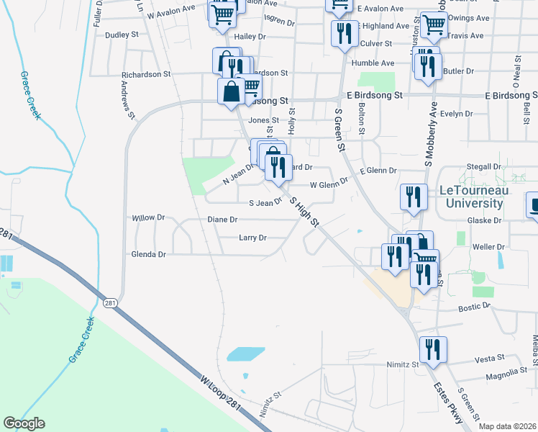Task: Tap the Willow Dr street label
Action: pyautogui.click(x=149, y=217)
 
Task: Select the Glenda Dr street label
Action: pyautogui.click(x=148, y=254)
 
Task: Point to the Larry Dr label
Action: pyautogui.click(x=252, y=238)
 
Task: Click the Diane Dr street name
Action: pyautogui.click(x=222, y=219)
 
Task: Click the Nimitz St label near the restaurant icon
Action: pyautogui.click(x=402, y=365)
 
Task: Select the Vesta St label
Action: pyautogui.click(x=490, y=359)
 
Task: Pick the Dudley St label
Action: pyautogui.click(x=121, y=35)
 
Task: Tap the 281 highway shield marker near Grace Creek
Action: pyautogui.click(x=109, y=302)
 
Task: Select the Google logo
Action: pyautogui.click(x=24, y=423)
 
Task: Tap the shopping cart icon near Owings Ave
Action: pyautogui.click(x=434, y=25)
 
